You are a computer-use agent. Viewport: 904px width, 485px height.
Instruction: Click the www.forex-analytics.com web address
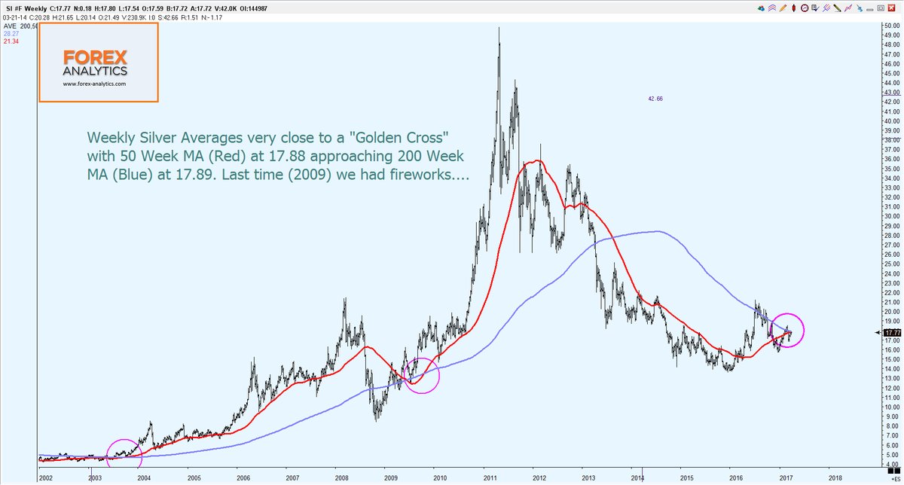tap(95, 84)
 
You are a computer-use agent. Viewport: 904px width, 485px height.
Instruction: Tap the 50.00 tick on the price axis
tap(892, 26)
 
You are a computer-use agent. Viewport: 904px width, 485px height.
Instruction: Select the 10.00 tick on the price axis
tap(892, 407)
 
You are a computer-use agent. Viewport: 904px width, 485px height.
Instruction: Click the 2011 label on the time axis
tap(490, 477)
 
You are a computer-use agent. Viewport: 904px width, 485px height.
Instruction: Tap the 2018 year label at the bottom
tap(835, 477)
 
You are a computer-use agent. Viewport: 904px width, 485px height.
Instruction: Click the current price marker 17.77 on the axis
tap(892, 332)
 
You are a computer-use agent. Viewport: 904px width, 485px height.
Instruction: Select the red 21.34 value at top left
tap(11, 41)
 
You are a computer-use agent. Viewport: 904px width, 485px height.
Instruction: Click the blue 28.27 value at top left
tap(11, 34)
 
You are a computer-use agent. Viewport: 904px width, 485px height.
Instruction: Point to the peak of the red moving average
tap(536, 160)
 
